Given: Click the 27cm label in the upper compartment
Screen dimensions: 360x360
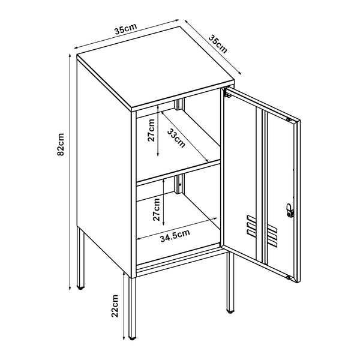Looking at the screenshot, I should [x=151, y=130].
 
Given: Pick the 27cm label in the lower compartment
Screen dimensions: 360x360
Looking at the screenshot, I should [x=156, y=206].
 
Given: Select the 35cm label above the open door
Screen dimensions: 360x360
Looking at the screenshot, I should [x=218, y=43].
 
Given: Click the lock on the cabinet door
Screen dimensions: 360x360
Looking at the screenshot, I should [x=290, y=211].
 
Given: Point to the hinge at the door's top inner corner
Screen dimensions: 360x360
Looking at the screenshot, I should [x=227, y=93].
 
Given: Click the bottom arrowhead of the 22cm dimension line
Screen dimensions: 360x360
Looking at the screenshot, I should [x=125, y=337].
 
